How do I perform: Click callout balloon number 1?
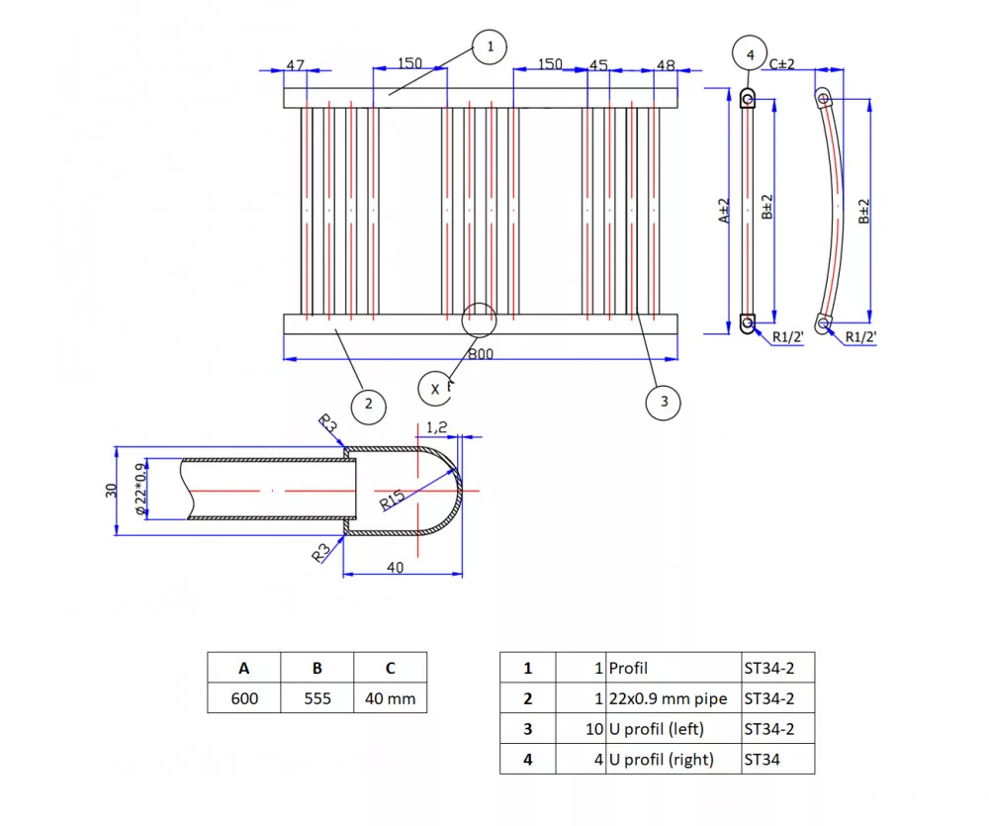point(490,46)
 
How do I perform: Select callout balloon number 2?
point(368,404)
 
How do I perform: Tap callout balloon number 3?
point(664,402)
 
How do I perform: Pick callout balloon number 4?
point(749,53)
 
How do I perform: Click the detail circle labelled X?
point(435,389)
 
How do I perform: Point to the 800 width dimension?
point(481,354)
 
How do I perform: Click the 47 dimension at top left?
point(295,64)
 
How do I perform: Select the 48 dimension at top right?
point(666,65)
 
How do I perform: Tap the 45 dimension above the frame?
point(598,64)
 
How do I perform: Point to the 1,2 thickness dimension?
point(438,427)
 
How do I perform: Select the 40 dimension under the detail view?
point(396,567)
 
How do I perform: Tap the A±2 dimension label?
point(724,211)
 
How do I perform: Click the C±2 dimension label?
point(782,63)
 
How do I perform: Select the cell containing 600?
point(244,698)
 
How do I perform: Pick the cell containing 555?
point(317,698)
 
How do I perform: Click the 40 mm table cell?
point(391,698)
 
